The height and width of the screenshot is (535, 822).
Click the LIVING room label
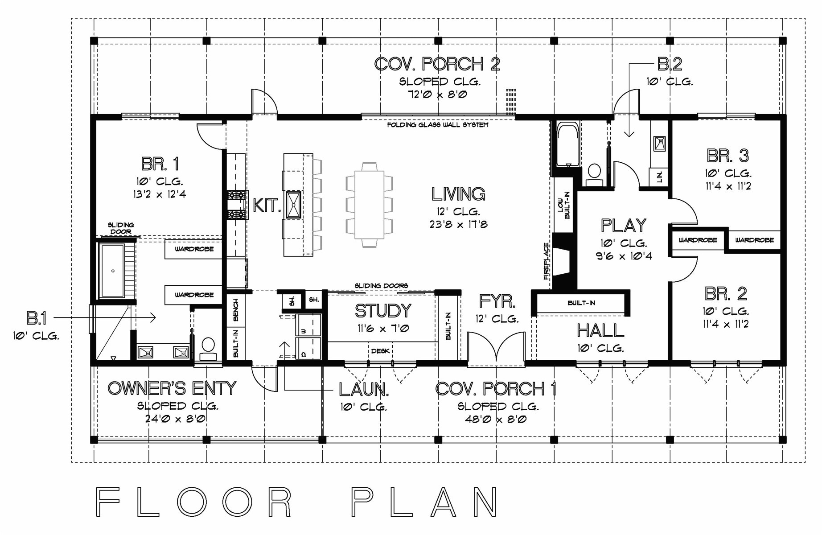(458, 194)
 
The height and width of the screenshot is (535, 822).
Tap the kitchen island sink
(293, 205)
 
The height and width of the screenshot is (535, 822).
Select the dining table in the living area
(369, 205)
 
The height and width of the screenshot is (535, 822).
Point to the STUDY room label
(382, 311)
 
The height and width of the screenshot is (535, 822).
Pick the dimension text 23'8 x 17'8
(458, 225)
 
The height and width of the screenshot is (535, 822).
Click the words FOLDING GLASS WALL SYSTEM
(437, 125)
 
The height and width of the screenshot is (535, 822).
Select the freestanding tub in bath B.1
(112, 271)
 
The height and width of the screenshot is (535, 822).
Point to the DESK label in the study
(380, 351)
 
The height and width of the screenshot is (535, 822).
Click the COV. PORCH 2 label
(437, 64)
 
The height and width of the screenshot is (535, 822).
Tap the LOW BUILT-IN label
(564, 205)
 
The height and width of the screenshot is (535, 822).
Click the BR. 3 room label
(727, 156)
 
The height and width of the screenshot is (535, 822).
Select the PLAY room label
(623, 226)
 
